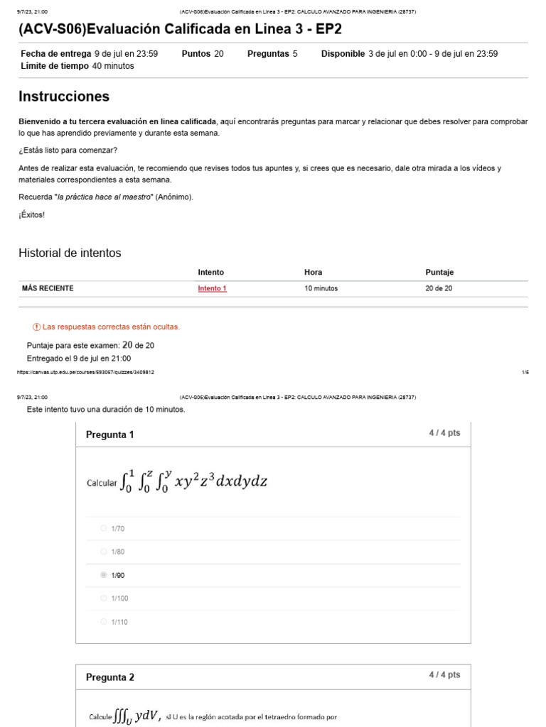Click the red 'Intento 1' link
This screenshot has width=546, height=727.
pos(212,289)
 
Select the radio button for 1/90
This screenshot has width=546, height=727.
pos(104,575)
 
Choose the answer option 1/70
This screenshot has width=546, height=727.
pos(104,528)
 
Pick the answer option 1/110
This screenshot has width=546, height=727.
pos(104,622)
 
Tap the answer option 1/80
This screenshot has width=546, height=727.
pos(104,552)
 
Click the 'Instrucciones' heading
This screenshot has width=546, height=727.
pos(64,97)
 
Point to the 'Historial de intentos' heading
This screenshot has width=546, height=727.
pos(70,253)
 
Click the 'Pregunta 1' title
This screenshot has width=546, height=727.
pos(109,434)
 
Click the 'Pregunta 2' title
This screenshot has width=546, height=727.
pos(109,677)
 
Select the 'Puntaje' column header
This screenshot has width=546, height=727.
pos(439,272)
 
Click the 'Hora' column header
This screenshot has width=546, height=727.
pos(313,272)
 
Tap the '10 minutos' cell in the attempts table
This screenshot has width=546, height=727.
pos(321,289)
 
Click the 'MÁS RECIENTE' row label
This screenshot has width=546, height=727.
pos(48,288)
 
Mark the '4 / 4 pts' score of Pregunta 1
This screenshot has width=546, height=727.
pos(444,433)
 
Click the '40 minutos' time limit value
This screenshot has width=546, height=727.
pos(113,66)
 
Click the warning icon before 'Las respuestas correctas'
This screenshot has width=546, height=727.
pos(37,327)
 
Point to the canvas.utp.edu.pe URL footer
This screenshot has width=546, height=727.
pos(85,372)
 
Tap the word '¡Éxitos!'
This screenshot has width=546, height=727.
pos(31,214)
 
